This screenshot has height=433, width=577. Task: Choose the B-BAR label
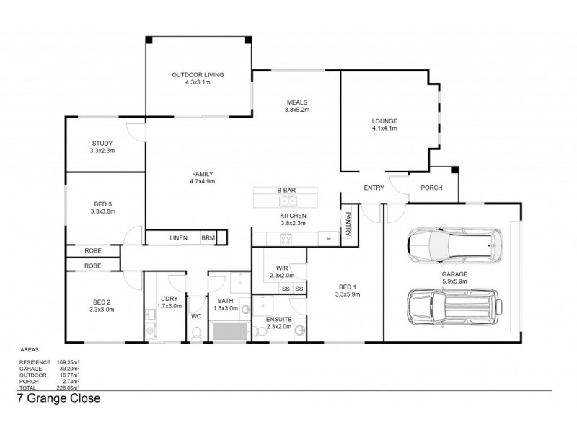coord(286,191)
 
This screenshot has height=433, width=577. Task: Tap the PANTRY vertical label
coord(347,223)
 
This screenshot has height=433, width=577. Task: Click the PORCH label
coord(431,188)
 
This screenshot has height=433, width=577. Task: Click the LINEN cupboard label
coord(178,237)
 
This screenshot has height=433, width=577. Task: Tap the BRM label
coord(208,237)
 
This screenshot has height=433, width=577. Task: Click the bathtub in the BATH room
coord(229,331)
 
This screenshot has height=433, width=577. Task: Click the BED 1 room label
coord(347,290)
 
